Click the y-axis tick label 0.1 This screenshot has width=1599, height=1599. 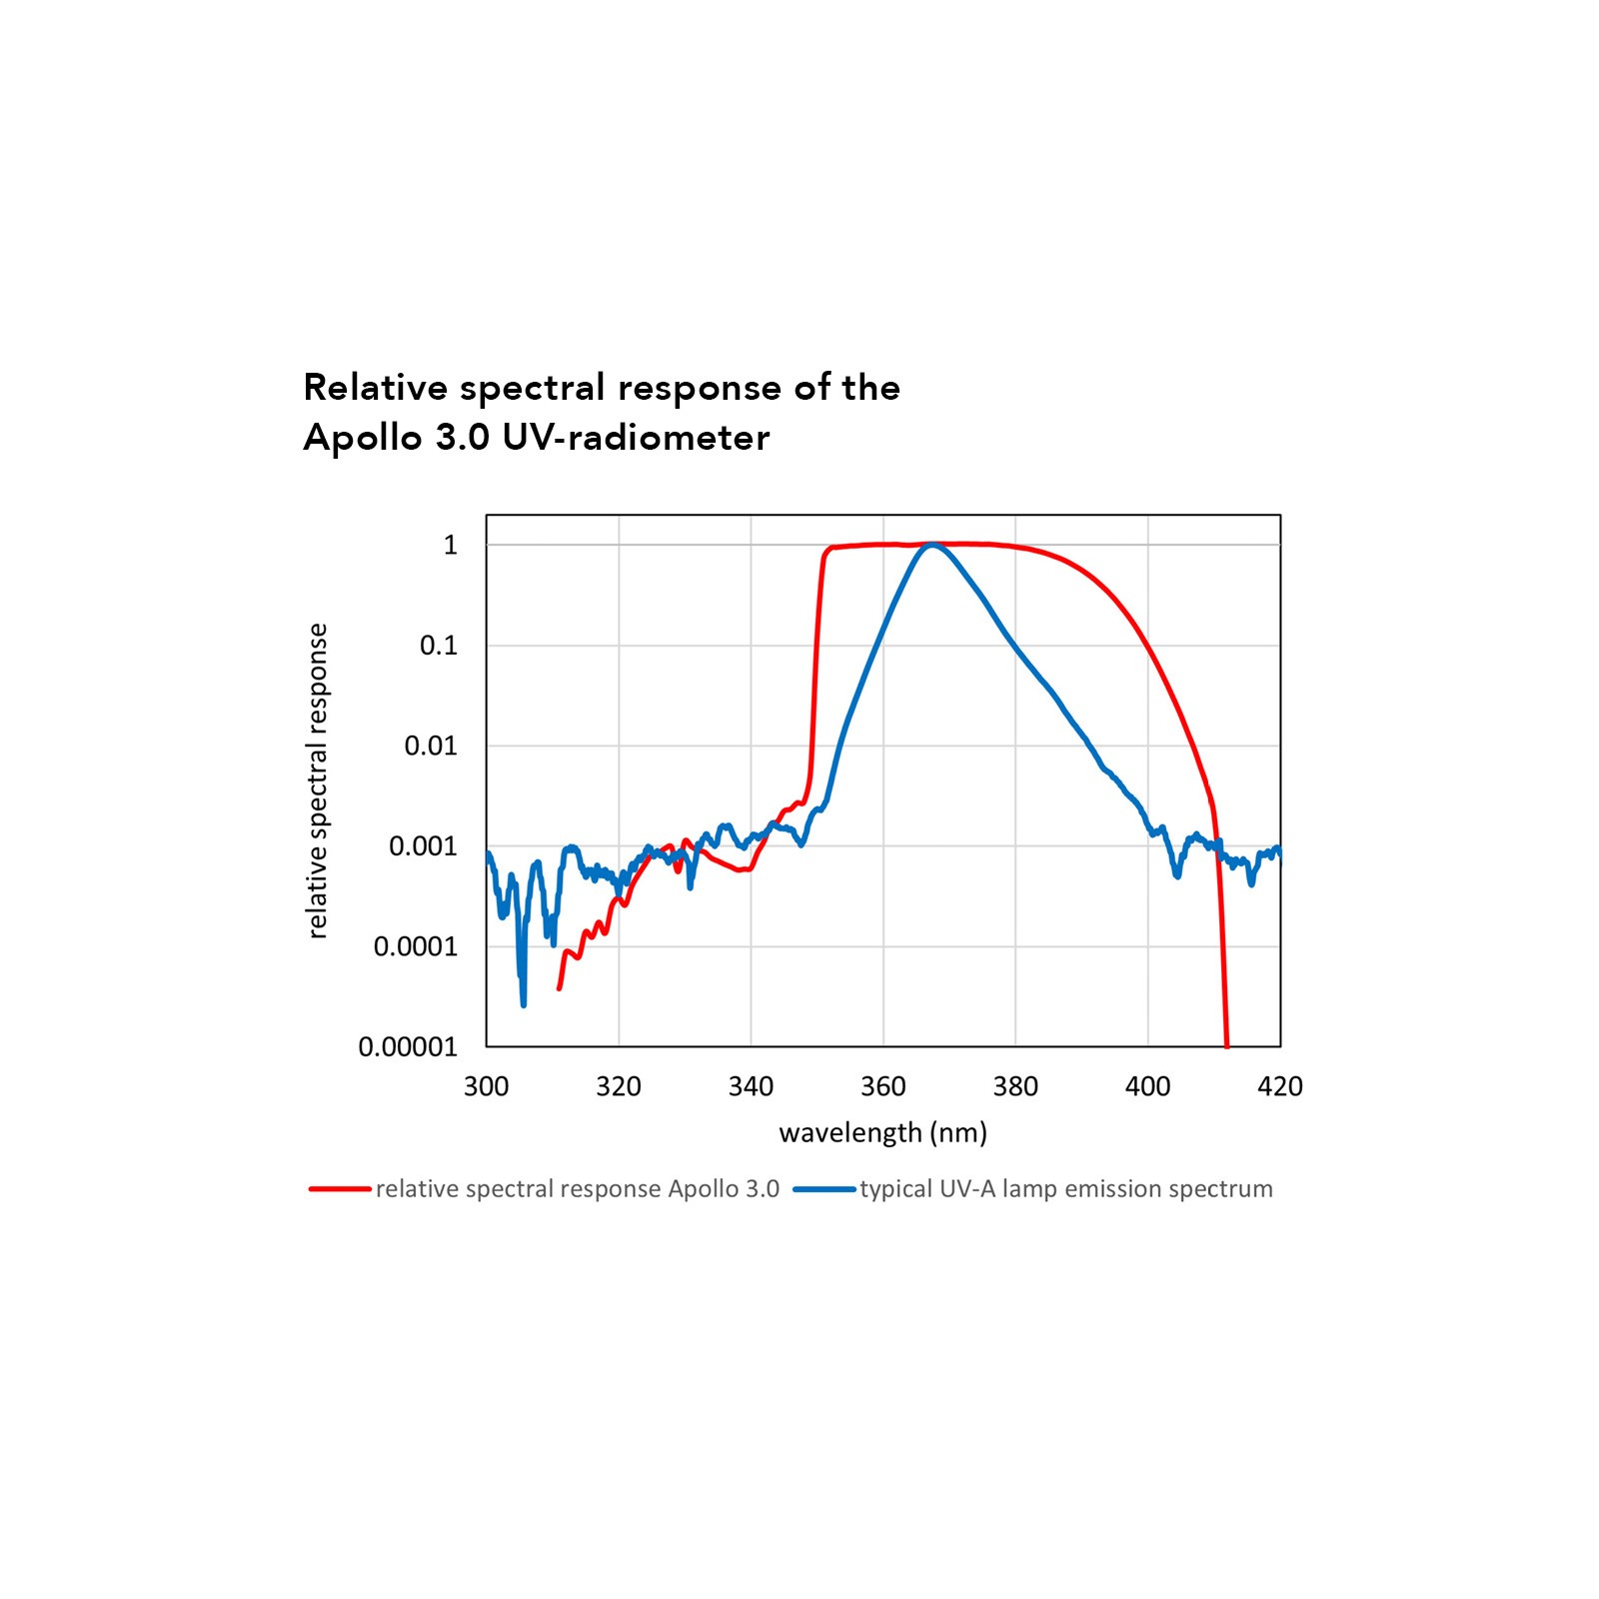click(x=438, y=646)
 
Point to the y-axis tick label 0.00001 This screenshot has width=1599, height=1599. click(x=408, y=1046)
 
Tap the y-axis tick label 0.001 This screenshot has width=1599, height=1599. click(x=423, y=846)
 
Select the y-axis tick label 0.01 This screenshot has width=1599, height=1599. click(x=431, y=746)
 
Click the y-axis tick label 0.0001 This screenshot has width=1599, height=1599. click(x=416, y=946)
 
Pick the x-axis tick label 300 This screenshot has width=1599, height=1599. click(x=487, y=1086)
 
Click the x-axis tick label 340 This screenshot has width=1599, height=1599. click(x=751, y=1086)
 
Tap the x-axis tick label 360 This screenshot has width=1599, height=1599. click(x=883, y=1086)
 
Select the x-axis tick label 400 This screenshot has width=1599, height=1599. click(x=1147, y=1086)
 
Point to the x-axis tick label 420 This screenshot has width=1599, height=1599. click(x=1280, y=1086)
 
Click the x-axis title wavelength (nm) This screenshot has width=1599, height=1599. click(x=883, y=1132)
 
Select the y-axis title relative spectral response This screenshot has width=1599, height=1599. click(x=317, y=781)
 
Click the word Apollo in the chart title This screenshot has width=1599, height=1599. click(x=363, y=438)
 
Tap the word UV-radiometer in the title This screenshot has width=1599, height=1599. click(x=636, y=438)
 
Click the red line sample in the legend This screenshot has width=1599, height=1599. click(x=340, y=1189)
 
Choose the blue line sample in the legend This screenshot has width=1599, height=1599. click(x=824, y=1189)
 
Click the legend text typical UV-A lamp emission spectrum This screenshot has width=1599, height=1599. click(x=1066, y=1189)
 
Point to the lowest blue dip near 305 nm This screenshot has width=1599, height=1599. click(x=523, y=1003)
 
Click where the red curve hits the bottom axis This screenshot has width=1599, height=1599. click(x=1227, y=1044)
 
